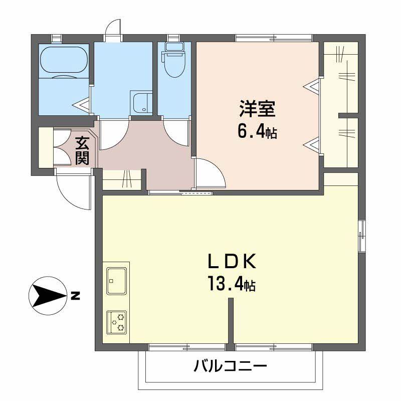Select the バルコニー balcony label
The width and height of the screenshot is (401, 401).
230,366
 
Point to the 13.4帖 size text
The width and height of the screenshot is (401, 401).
232,285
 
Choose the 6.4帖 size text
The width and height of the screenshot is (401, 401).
257,132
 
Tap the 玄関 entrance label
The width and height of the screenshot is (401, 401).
82,150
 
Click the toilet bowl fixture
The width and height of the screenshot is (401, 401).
174,64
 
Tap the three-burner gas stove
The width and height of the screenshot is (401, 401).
116,322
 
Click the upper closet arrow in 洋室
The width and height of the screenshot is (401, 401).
312,87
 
